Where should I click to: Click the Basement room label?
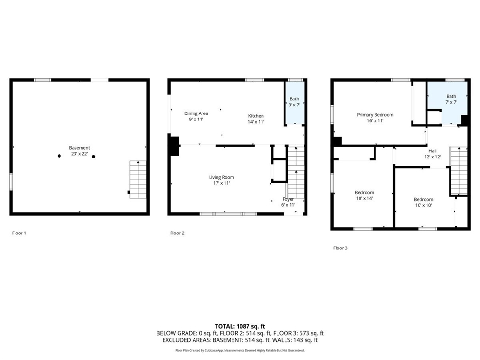click(79, 148)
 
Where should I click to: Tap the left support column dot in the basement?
click(60, 156)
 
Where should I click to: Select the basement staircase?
click(138, 180)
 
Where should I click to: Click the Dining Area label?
click(196, 113)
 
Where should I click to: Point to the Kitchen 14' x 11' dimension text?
click(256, 122)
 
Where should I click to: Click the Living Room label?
click(221, 177)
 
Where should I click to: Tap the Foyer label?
click(288, 199)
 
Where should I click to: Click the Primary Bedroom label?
click(375, 115)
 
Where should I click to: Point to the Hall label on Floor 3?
click(432, 151)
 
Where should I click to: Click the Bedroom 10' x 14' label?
click(364, 193)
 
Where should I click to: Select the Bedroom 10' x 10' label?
click(423, 199)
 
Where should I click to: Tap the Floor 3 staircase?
click(458, 171)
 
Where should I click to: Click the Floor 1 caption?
click(19, 233)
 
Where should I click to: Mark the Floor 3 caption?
click(340, 248)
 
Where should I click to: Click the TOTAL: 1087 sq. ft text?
click(240, 326)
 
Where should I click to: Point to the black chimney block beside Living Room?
click(174, 146)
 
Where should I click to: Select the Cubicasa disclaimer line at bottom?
click(240, 350)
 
